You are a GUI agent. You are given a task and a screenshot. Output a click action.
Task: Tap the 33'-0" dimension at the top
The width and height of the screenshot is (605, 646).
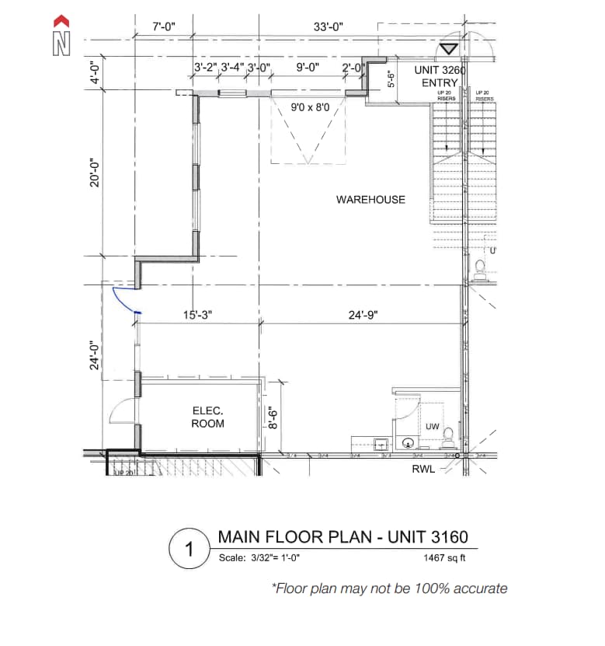329,27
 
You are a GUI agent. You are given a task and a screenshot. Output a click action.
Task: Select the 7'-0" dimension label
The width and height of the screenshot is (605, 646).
164,27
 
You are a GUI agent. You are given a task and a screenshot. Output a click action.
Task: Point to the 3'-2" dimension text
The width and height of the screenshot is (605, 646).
205,68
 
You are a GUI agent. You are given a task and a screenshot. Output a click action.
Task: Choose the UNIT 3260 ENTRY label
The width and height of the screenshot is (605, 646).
440,76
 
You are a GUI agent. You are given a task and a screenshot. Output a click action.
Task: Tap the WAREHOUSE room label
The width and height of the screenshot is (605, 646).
370,200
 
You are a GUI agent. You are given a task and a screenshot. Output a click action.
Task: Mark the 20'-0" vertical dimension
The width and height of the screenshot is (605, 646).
94,173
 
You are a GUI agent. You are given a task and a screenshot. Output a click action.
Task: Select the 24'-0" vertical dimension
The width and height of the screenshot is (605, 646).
94,355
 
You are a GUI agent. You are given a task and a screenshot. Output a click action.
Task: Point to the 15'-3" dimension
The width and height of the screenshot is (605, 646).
197,316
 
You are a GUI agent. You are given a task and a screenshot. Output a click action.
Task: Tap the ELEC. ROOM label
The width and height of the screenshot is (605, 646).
207,417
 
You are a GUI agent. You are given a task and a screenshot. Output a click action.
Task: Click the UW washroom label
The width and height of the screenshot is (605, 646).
433,427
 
